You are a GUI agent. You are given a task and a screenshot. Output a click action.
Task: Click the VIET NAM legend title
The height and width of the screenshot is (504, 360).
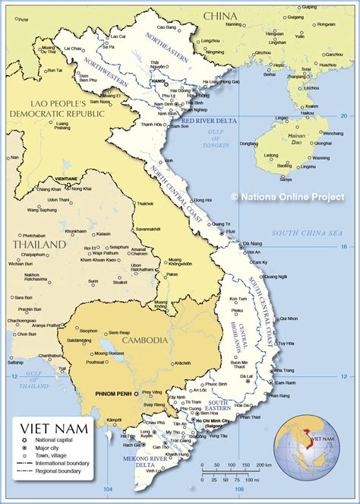pyautogui.click(x=55, y=408)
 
